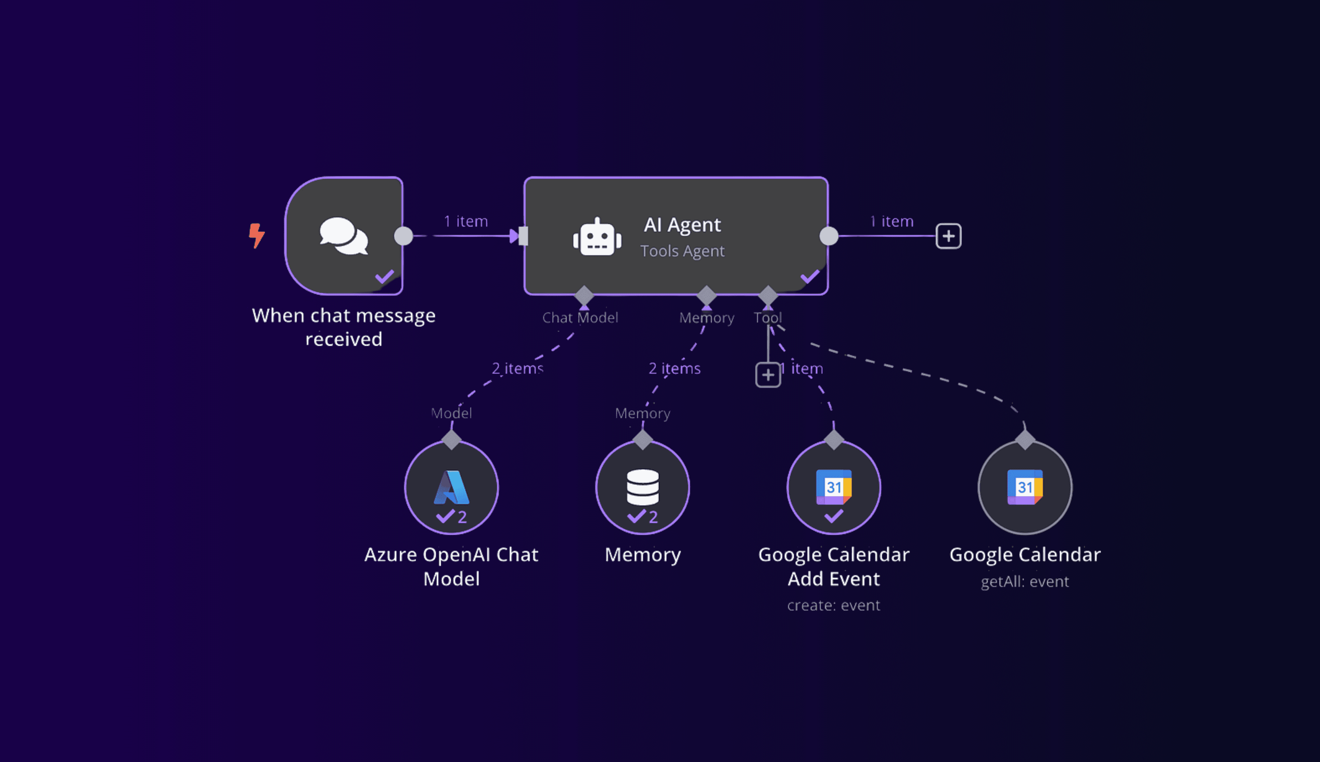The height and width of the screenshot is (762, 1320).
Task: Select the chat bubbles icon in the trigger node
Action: [344, 236]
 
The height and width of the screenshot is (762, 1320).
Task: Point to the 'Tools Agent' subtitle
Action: [683, 251]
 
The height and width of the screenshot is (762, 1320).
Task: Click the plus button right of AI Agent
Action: [948, 236]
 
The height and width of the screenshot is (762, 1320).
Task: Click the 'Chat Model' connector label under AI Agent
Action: [580, 318]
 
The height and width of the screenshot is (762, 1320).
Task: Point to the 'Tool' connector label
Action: [768, 318]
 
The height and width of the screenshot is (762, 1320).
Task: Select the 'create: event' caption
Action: [834, 606]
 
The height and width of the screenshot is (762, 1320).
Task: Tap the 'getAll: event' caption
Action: [1025, 582]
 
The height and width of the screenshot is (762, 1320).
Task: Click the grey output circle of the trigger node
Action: [403, 236]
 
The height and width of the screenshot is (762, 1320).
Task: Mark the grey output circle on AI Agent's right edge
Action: [829, 236]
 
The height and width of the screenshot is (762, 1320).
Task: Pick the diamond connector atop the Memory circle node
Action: [643, 440]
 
